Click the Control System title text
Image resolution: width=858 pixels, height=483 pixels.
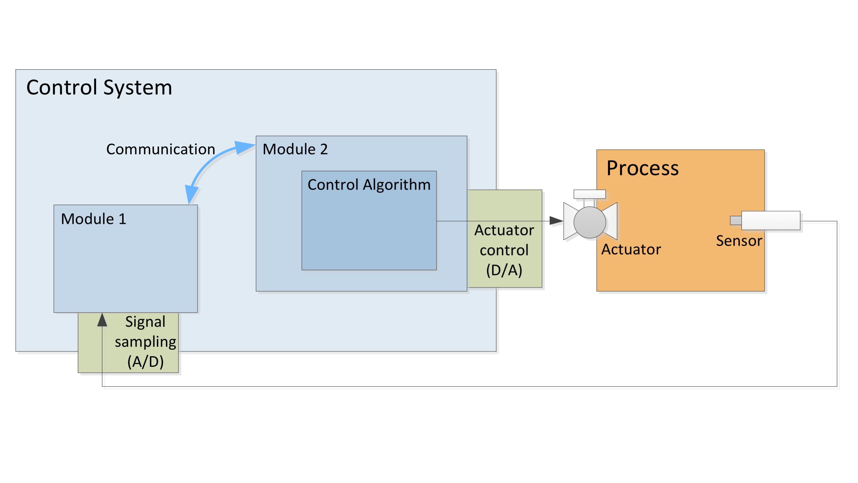(x=99, y=87)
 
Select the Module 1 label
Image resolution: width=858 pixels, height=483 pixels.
(x=94, y=219)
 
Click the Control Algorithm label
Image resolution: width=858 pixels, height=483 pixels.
(x=369, y=185)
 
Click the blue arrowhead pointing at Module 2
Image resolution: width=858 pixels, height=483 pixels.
(x=245, y=147)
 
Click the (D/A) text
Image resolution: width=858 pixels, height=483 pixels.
(x=504, y=270)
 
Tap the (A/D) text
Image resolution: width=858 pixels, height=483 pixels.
(x=146, y=362)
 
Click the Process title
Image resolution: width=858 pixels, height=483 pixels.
(x=643, y=168)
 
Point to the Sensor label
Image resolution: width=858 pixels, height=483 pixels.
(x=739, y=241)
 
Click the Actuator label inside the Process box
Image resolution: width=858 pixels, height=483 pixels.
(x=631, y=249)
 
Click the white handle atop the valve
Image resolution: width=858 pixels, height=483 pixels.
(x=589, y=194)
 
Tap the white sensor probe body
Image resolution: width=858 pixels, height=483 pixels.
(x=771, y=220)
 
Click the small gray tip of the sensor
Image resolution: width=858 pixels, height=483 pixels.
(x=736, y=220)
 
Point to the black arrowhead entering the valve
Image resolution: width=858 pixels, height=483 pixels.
(x=556, y=220)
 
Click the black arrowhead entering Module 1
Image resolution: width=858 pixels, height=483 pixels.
(x=102, y=320)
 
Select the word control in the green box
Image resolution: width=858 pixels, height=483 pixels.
(x=504, y=250)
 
